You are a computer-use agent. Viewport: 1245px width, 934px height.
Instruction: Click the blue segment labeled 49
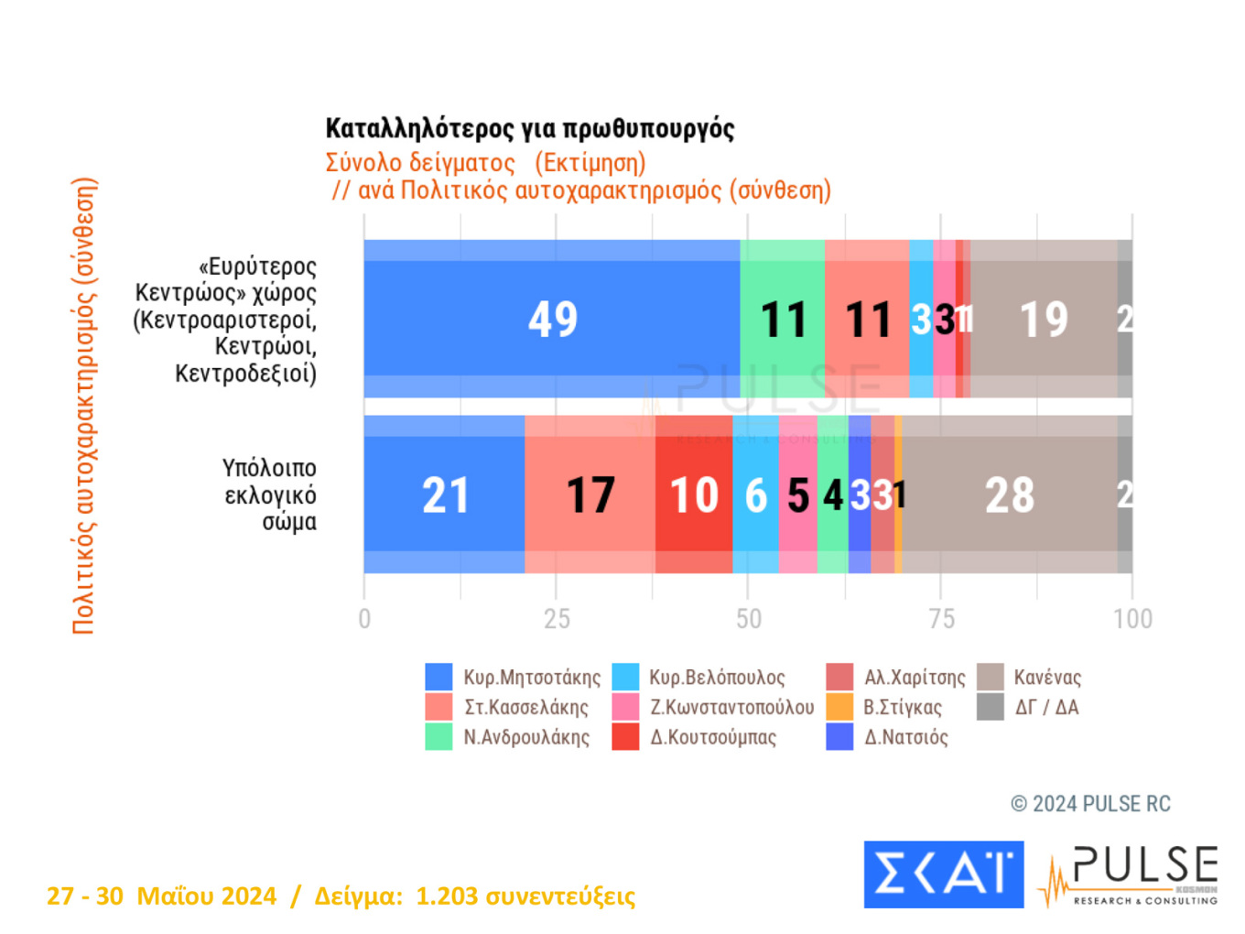(552, 319)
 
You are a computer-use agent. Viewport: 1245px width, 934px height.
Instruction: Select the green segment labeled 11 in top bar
(783, 319)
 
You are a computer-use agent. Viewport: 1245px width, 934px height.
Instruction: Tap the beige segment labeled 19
(1044, 319)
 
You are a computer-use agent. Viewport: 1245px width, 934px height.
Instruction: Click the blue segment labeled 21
(445, 494)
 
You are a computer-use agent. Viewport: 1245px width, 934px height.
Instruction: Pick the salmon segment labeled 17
(590, 494)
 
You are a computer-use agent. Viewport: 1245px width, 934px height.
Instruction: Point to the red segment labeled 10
(694, 494)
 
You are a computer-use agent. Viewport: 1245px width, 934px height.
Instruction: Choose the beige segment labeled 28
(1009, 494)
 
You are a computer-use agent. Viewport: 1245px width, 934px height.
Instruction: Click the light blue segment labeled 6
(755, 494)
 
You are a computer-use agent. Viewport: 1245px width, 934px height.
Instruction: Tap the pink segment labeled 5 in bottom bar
(797, 494)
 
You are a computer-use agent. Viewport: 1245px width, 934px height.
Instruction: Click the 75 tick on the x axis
(941, 619)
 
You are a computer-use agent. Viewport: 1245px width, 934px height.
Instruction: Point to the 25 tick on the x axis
(557, 619)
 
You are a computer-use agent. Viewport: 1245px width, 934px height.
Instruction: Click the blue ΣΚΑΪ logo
(943, 874)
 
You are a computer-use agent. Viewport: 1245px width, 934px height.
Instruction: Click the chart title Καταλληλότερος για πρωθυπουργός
(530, 128)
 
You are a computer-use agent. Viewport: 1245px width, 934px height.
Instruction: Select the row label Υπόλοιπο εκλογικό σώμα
(270, 494)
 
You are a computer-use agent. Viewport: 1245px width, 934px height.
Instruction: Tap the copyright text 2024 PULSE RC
(1091, 804)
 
